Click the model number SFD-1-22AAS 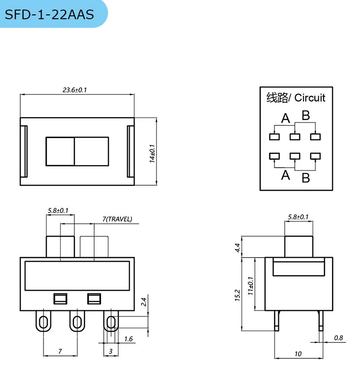coord(49,14)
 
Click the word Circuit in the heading coord(310,98)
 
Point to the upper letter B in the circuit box coord(305,116)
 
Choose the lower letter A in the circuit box coord(286,175)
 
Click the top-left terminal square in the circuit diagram coord(274,137)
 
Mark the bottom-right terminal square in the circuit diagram coord(315,156)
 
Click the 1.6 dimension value coord(128,339)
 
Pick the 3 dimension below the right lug coord(110,351)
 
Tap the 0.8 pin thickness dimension coord(338,338)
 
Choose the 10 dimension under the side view coord(298,354)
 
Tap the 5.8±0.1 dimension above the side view coord(298,217)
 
